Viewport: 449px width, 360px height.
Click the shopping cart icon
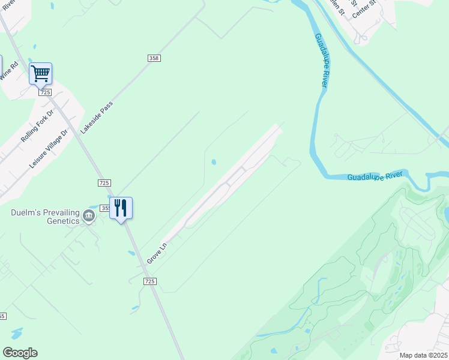point(40,74)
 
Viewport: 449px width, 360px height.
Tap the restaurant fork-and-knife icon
point(121,208)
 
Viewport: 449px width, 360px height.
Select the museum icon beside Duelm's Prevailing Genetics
point(89,216)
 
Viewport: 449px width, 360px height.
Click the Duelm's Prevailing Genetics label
point(45,217)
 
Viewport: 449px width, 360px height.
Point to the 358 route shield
point(154,58)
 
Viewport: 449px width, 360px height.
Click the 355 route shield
point(105,208)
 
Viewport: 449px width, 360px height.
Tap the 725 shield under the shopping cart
point(44,92)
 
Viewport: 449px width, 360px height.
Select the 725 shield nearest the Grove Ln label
point(150,281)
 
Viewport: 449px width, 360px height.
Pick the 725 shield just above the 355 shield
point(104,182)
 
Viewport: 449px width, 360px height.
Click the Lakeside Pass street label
point(97,117)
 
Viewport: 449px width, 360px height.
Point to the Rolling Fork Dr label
point(37,125)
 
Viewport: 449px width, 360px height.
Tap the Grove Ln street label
point(157,251)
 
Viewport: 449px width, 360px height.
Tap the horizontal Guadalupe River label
point(377,176)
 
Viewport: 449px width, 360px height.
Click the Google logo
point(20,353)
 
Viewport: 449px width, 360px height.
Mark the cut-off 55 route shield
point(3,316)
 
